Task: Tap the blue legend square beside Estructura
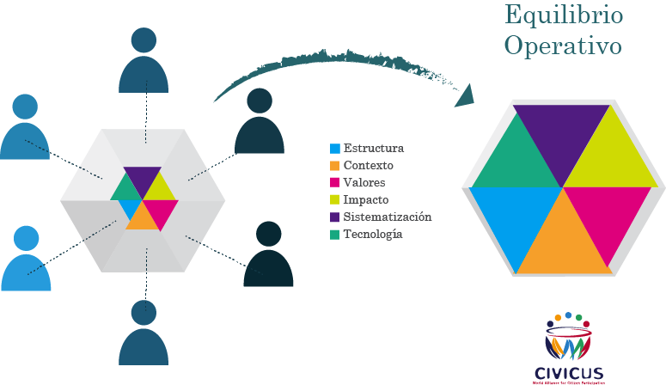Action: pos(335,148)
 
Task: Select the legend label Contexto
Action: pos(368,165)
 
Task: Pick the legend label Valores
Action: pos(364,182)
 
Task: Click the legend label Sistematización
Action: pos(387,217)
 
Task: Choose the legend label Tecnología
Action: pos(373,234)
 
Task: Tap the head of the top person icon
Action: pos(144,40)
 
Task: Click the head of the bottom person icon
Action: pos(144,313)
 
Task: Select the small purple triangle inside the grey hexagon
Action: pos(143,175)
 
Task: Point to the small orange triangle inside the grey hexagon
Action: pos(143,220)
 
